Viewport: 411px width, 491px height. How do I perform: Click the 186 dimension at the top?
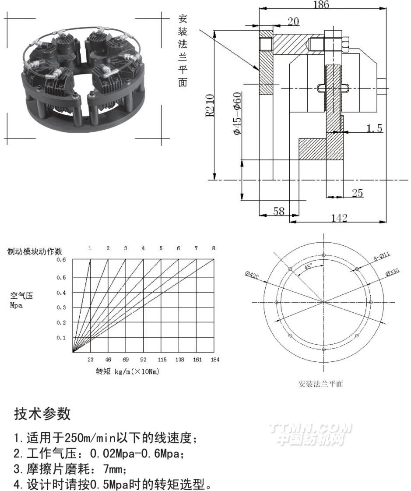coord(321,4)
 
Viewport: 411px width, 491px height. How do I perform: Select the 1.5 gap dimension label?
coord(374,128)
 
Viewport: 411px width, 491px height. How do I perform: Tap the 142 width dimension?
coord(339,217)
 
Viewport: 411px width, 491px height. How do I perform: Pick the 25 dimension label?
coord(357,193)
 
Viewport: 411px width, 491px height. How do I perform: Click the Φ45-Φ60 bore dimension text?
coord(237,113)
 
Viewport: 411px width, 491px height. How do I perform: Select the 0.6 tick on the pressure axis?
coord(61,260)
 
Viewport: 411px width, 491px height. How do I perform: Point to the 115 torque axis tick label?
coord(162,360)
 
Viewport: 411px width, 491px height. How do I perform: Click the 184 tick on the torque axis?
coord(215,360)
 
